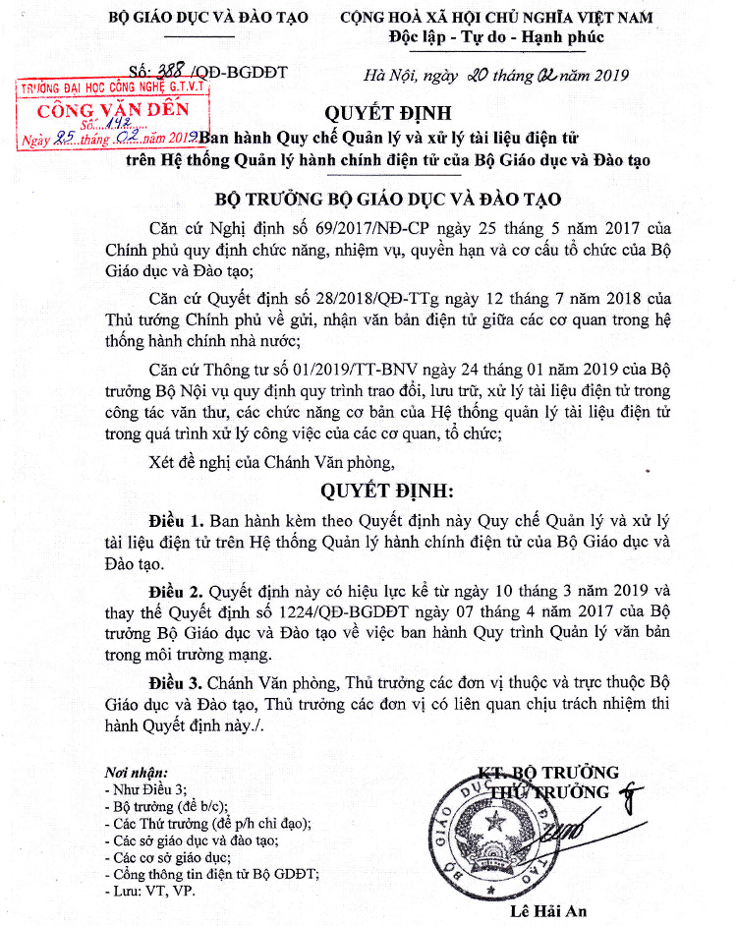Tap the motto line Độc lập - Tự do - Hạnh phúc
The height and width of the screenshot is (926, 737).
click(x=496, y=38)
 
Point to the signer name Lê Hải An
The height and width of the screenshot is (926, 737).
click(x=548, y=911)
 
